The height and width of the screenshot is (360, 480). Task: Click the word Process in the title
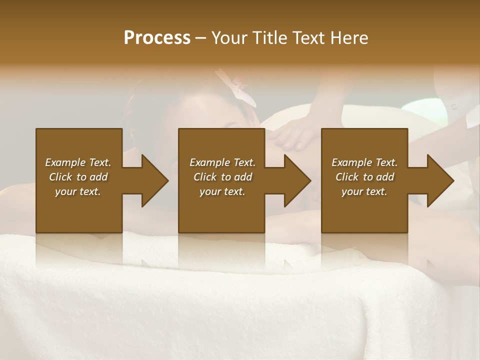tap(157, 38)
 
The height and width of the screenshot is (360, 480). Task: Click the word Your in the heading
tap(230, 38)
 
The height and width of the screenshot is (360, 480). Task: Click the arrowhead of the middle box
tap(297, 180)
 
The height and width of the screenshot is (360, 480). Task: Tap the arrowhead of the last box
tap(440, 180)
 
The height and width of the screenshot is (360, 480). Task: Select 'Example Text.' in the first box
tap(78, 162)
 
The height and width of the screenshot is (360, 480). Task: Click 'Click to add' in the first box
tap(78, 177)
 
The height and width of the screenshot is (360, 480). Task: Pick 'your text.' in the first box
tap(78, 191)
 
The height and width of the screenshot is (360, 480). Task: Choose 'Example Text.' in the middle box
tap(222, 162)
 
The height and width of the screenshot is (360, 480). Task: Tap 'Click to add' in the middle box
tap(222, 177)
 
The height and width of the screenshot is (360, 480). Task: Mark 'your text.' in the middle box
tap(222, 191)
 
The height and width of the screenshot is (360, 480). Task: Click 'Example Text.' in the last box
tap(364, 162)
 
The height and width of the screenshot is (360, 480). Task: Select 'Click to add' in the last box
tap(364, 177)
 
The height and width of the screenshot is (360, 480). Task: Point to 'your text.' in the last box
tap(364, 191)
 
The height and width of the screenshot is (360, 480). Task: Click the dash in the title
tap(201, 38)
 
